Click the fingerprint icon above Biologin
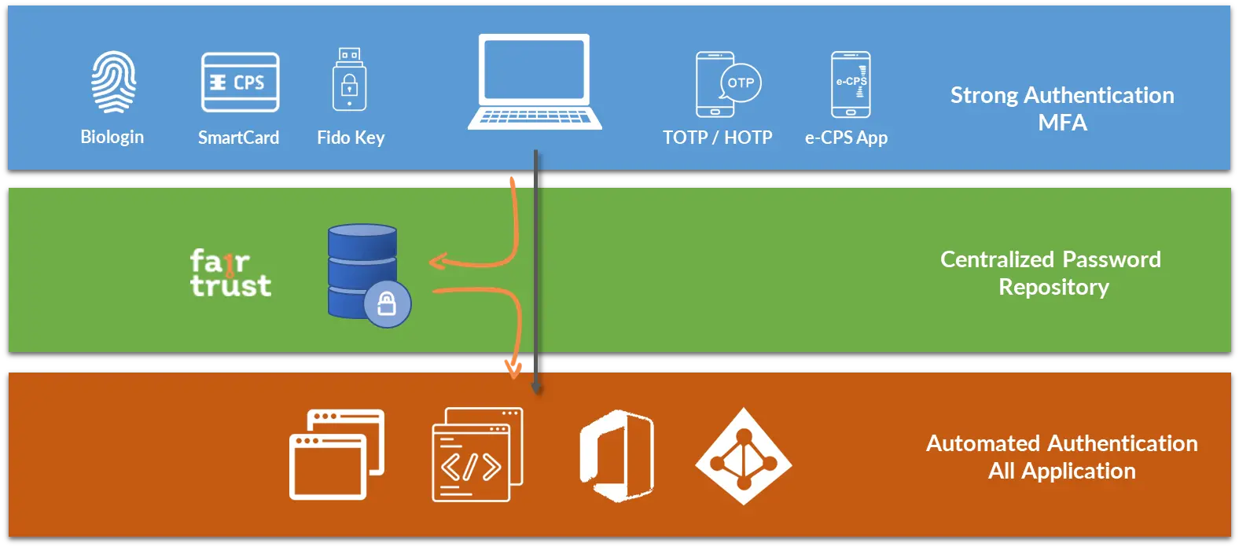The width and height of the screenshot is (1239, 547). click(113, 83)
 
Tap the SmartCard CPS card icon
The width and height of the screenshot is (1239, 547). click(240, 83)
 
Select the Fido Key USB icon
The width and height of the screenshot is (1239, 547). click(349, 81)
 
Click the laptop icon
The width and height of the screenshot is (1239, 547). click(535, 82)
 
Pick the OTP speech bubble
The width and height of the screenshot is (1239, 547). click(741, 83)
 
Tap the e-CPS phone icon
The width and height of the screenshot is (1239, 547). click(851, 84)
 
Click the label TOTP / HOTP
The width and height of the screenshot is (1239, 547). click(717, 138)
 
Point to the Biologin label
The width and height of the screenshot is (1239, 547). click(112, 137)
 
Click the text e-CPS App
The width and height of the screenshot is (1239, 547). click(846, 138)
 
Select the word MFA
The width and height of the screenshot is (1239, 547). click(1062, 123)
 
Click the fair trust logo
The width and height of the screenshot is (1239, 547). click(230, 273)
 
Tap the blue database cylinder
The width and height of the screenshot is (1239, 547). click(362, 267)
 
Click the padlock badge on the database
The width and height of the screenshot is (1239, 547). click(387, 303)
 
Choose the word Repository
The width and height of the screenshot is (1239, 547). click(1053, 287)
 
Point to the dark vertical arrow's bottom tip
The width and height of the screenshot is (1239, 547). click(535, 388)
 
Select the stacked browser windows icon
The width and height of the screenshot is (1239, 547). click(336, 454)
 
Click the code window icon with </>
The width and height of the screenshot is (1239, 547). click(476, 454)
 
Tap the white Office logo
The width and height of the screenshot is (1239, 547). click(617, 455)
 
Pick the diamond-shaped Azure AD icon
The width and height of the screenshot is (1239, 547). click(743, 456)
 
